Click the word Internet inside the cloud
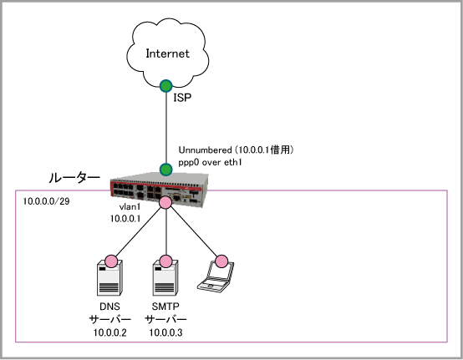(x=167, y=53)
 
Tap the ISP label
(x=182, y=98)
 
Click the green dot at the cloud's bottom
(x=166, y=86)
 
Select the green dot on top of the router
(x=166, y=170)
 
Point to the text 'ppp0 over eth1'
(x=210, y=162)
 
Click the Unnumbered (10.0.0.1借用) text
(x=236, y=150)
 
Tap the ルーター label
(x=74, y=178)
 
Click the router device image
(x=160, y=189)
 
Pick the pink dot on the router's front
(x=165, y=202)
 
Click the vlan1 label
(x=130, y=207)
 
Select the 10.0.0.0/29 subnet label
(x=46, y=201)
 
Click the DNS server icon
(x=109, y=277)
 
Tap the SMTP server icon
(x=165, y=277)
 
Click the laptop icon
(x=216, y=277)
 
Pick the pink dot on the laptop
(x=221, y=261)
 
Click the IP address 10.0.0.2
(x=109, y=332)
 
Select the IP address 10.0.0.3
(x=165, y=332)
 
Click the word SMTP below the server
(x=165, y=307)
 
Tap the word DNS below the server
(x=109, y=307)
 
